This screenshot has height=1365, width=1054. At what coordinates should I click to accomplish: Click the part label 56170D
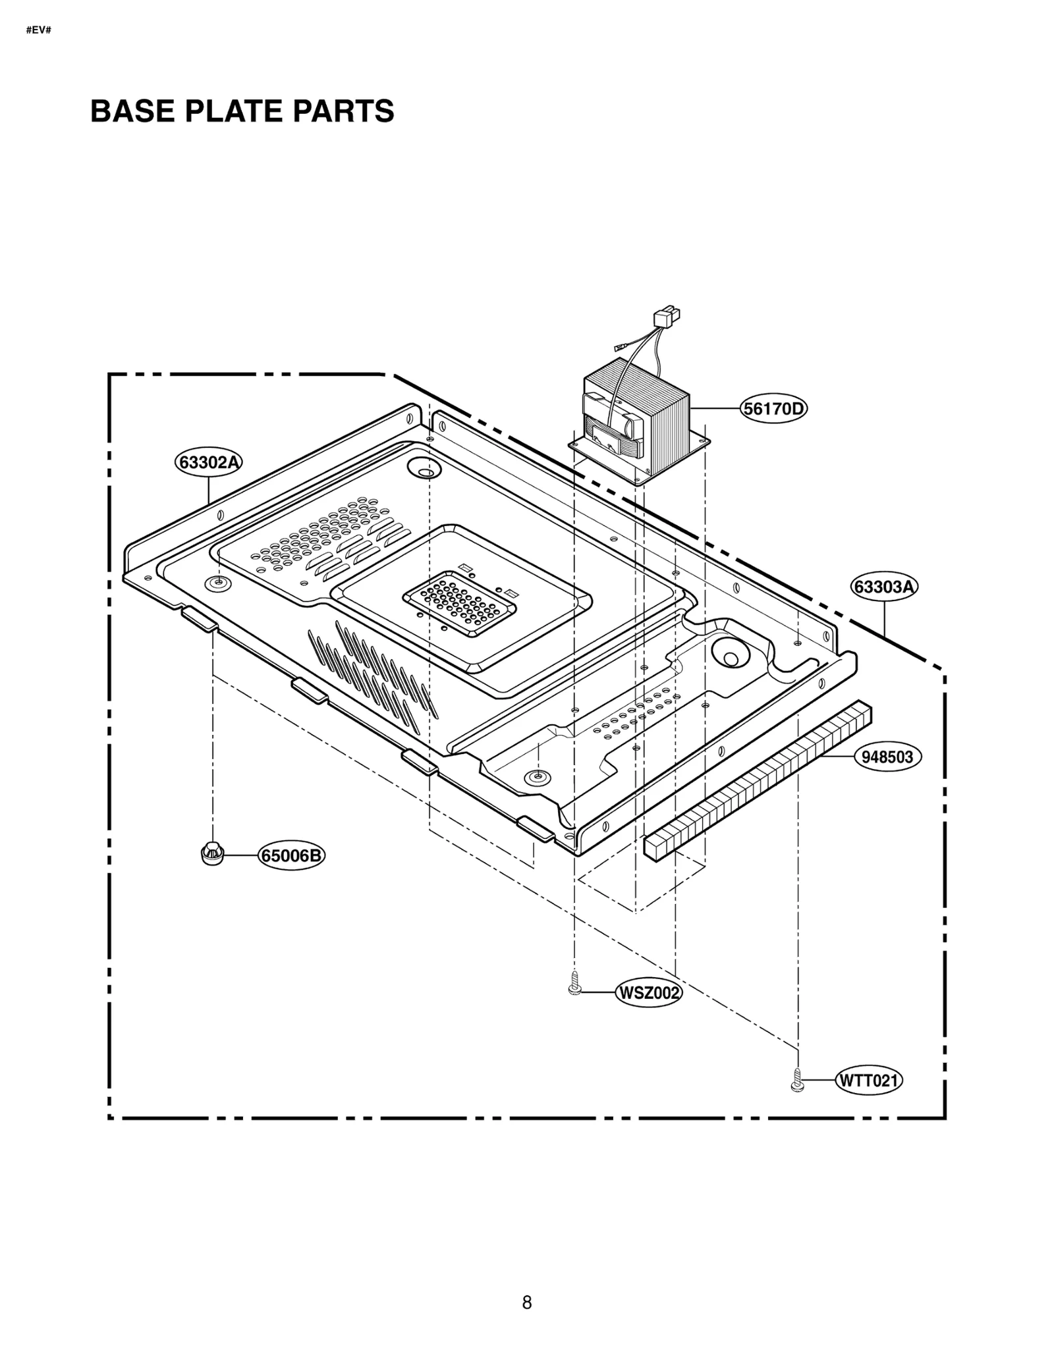773,409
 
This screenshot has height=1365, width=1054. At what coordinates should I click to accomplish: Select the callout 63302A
209,462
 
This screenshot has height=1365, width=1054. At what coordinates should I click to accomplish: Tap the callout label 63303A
884,586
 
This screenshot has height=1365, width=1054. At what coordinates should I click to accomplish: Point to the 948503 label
887,757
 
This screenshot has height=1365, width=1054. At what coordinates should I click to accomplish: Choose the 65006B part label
291,856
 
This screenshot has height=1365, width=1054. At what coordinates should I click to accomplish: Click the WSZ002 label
648,993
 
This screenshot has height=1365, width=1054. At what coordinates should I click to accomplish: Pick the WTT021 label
868,1081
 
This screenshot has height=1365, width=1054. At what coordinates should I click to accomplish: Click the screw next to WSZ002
574,985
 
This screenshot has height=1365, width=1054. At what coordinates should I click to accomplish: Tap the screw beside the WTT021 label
797,1081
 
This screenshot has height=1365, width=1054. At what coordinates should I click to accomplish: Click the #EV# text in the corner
38,30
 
